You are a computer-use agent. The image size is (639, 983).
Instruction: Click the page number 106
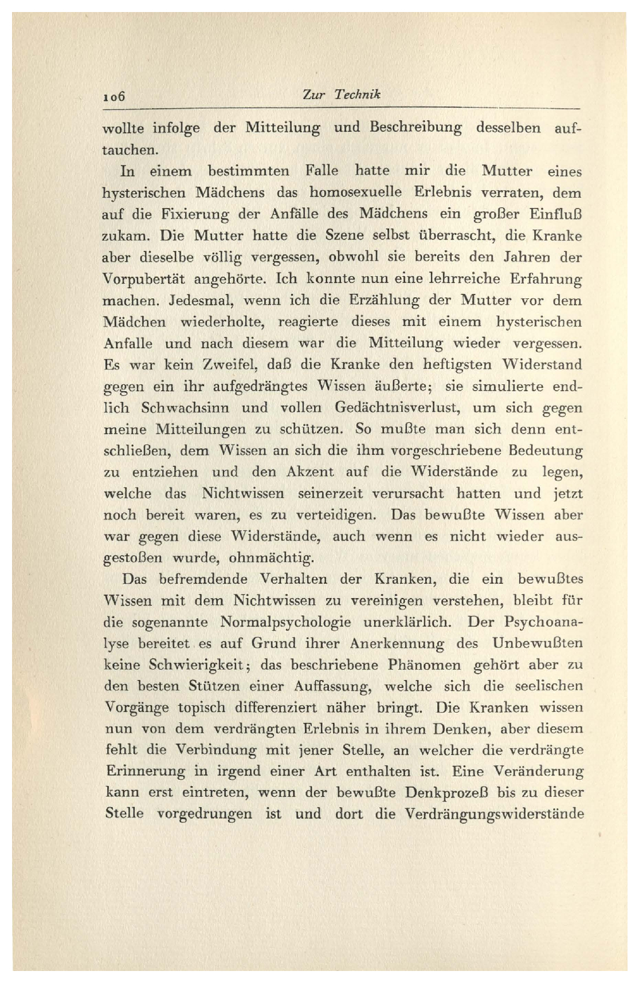[113, 97]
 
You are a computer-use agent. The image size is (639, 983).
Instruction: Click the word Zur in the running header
[313, 95]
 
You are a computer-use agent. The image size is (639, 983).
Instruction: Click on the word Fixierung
[195, 214]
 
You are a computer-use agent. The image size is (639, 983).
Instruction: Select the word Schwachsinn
[185, 408]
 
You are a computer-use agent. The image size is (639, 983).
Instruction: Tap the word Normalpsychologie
[285, 622]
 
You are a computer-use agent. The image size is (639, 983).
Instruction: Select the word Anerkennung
[396, 643]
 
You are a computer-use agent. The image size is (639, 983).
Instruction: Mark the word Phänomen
[424, 665]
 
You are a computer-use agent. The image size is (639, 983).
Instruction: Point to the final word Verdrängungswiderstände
[493, 814]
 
